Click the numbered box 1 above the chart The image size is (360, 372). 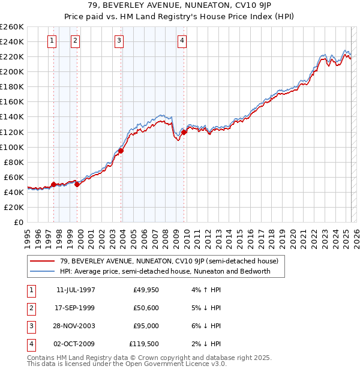52,41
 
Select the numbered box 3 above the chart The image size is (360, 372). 119,41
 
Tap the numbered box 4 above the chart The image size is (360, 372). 182,41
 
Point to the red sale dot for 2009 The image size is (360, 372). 184,132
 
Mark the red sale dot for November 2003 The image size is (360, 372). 121,151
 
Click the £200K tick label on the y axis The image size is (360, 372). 12,71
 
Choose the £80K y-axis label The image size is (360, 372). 14,162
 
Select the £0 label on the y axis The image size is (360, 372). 19,222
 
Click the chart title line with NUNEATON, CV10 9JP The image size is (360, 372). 180,7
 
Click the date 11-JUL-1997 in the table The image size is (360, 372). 76,290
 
